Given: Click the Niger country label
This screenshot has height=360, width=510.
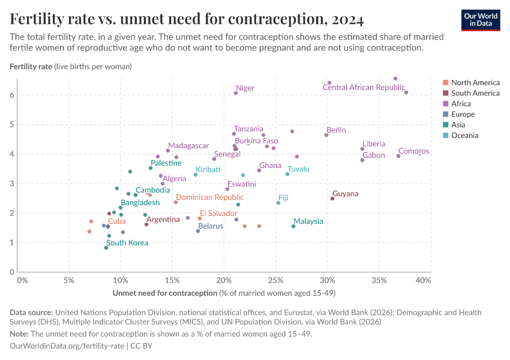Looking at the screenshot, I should tap(245, 88).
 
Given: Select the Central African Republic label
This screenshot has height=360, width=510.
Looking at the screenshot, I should tap(364, 88).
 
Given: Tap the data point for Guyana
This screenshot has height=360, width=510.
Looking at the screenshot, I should tap(332, 199).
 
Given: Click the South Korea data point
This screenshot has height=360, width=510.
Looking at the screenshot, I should tap(106, 248).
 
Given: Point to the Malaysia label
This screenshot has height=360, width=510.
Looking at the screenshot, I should tap(308, 221).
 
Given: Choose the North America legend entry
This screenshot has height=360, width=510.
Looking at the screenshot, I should tap(475, 83).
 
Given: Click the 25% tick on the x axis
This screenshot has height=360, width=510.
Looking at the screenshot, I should tap(275, 280).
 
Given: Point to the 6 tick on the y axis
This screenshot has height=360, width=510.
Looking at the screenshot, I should tap(11, 95).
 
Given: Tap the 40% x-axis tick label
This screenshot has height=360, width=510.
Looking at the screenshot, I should tap(423, 280).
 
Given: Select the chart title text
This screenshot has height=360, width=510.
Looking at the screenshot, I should tap(187, 19).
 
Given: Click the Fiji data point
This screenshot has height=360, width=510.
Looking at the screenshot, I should tap(278, 203).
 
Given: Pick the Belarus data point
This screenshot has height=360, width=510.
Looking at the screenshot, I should tap(198, 231).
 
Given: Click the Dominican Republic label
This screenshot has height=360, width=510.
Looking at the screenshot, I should tap(209, 197).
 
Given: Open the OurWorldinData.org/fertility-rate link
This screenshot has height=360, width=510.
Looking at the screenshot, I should tap(67, 346).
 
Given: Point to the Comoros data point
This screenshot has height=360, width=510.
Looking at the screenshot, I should tap(398, 156).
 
